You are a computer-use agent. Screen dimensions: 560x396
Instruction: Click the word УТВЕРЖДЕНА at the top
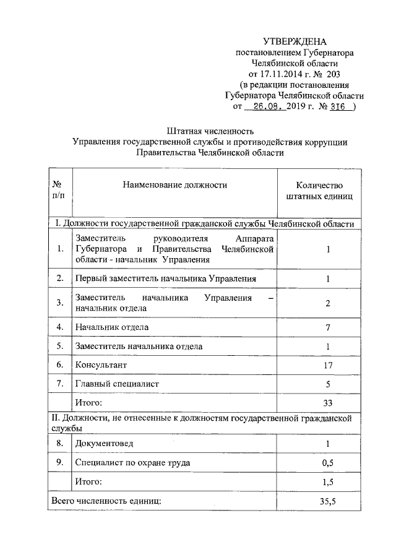tap(293, 41)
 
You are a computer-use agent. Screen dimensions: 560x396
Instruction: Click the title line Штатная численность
tap(210, 131)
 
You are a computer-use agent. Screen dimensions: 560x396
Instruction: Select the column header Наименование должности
tap(174, 184)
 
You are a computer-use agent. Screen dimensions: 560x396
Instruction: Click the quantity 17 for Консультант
tap(328, 366)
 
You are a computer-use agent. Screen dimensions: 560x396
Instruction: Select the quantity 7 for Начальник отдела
tap(328, 326)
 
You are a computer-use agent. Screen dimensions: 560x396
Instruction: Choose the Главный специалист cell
tap(117, 384)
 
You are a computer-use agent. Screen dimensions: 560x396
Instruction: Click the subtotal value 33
tap(328, 403)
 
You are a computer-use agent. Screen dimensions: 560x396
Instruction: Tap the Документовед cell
tap(104, 444)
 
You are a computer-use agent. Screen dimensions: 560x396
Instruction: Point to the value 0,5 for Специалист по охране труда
tap(328, 463)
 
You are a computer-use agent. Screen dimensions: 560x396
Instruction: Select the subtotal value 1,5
tap(328, 481)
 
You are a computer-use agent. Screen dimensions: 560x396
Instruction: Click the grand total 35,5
tap(328, 501)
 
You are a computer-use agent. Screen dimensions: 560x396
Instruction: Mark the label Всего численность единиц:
tap(106, 501)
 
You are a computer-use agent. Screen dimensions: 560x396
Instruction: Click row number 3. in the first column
tap(60, 303)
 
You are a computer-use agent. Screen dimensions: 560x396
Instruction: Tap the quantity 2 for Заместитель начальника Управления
tap(328, 303)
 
